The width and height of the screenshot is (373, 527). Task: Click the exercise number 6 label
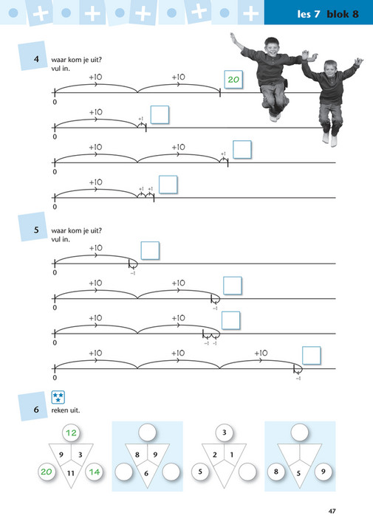(35, 409)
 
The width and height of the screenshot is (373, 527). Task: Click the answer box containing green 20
(234, 80)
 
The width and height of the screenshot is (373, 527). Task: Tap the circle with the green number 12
(72, 433)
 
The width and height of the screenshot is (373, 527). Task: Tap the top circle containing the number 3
(225, 433)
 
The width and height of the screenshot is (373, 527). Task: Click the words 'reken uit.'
(65, 410)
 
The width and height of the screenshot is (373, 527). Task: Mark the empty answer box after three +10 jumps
(312, 355)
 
